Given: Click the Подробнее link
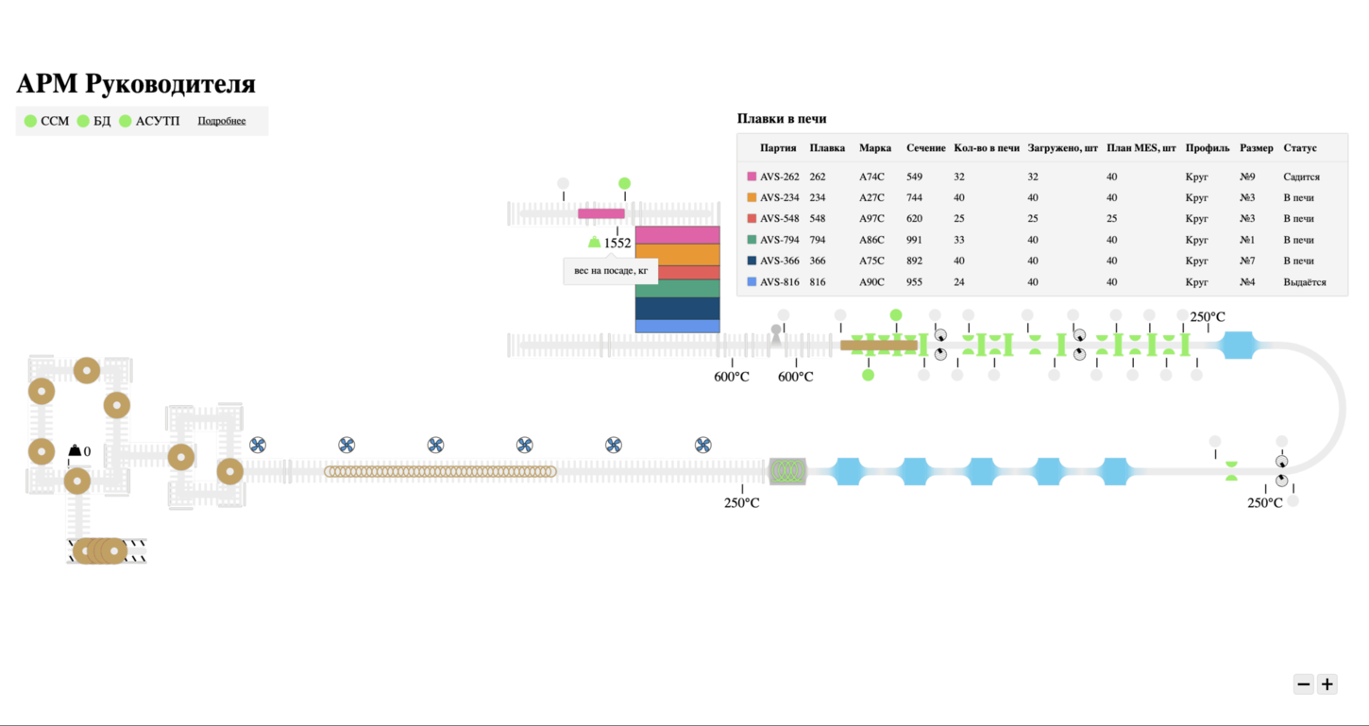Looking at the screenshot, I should tap(221, 121).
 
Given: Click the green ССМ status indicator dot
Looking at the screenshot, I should tap(30, 121).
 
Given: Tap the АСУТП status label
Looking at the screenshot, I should tap(157, 121).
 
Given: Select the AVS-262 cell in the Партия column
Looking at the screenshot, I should tap(779, 177).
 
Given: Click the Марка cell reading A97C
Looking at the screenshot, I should tap(871, 219).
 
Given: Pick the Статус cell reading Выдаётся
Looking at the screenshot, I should tap(1304, 282).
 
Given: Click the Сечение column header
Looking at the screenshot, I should tap(925, 148).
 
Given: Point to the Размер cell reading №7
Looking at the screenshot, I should tap(1247, 261).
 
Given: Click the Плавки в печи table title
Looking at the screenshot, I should tap(781, 119).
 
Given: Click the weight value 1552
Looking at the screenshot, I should tap(617, 244).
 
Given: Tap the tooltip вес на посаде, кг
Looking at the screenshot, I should tap(610, 271).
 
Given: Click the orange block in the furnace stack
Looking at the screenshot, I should tap(677, 254).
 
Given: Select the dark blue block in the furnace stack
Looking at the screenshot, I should tap(677, 309).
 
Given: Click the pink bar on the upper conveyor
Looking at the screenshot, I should tap(601, 213).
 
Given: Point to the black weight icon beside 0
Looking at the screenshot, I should tap(75, 451).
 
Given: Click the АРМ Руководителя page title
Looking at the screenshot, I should tap(136, 84).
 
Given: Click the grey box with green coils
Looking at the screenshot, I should tap(786, 471).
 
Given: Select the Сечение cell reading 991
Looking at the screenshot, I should tap(914, 240).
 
